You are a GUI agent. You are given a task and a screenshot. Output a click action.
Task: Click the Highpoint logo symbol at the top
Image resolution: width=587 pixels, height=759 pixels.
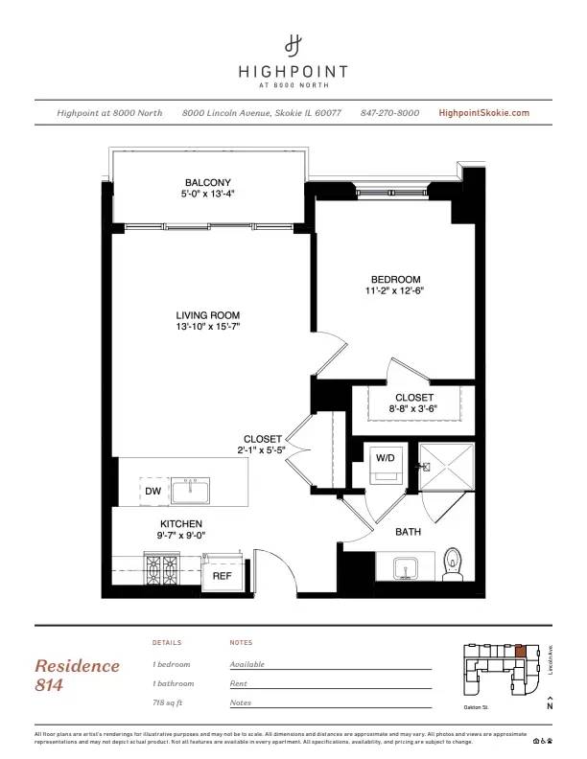(293, 44)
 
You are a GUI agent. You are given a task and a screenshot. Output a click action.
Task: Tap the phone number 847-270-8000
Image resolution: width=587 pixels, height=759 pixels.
(389, 113)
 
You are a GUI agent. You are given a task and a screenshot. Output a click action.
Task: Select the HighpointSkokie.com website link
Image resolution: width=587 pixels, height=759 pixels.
(483, 113)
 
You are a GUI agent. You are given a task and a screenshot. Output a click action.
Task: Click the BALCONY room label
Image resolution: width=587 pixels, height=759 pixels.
(208, 182)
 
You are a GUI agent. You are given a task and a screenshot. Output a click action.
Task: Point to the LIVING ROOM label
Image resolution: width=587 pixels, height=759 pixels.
(207, 315)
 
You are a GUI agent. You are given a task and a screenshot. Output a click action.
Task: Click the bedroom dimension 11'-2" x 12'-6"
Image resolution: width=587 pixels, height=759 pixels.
(393, 290)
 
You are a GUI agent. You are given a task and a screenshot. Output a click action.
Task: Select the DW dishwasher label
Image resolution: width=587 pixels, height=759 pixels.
(153, 492)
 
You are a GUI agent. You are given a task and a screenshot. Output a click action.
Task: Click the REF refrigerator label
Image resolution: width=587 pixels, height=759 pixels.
(222, 576)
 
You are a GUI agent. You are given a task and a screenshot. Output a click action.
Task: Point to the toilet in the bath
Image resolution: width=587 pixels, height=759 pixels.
(454, 565)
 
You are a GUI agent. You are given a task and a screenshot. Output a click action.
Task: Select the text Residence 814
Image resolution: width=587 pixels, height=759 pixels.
(78, 675)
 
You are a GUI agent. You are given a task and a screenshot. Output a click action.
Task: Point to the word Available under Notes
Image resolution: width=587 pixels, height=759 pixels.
(247, 664)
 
